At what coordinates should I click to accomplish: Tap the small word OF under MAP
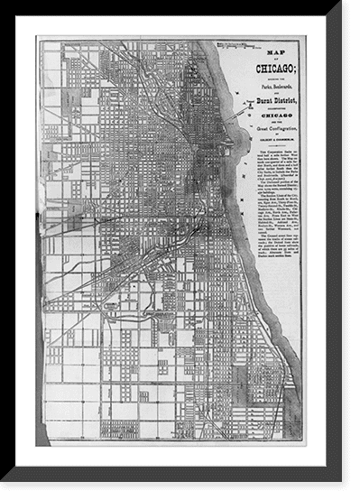(268, 60)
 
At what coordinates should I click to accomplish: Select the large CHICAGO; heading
(268, 69)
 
